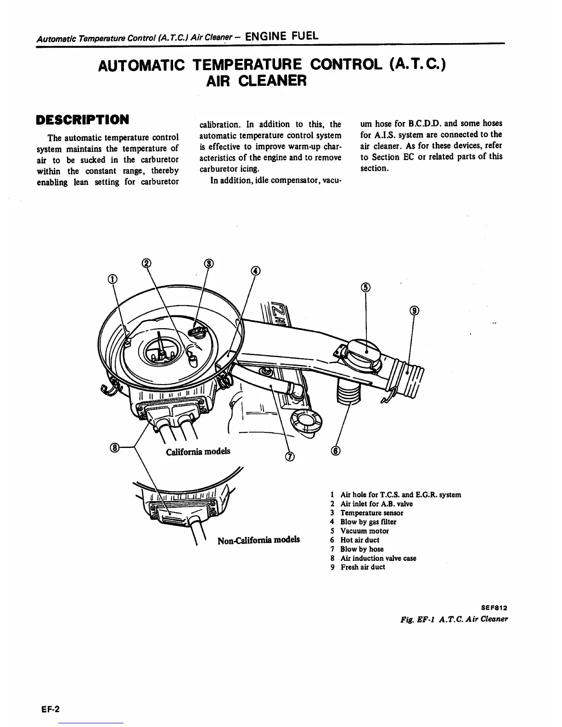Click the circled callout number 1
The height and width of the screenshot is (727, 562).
112,279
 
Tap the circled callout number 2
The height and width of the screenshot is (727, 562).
146,263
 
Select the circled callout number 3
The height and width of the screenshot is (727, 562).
209,263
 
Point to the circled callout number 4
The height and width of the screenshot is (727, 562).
255,270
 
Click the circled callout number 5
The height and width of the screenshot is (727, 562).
365,288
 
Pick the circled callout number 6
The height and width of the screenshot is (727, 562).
336,451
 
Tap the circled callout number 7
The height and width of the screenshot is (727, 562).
290,456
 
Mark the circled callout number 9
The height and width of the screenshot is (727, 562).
414,311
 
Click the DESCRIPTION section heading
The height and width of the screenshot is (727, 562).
82,120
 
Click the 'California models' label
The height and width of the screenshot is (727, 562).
198,451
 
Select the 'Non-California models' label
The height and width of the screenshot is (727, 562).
259,539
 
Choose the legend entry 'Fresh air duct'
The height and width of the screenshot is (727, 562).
362,567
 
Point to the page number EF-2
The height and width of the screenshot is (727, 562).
49,709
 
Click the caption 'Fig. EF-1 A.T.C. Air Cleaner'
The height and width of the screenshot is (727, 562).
454,619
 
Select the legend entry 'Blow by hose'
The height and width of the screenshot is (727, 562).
361,549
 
